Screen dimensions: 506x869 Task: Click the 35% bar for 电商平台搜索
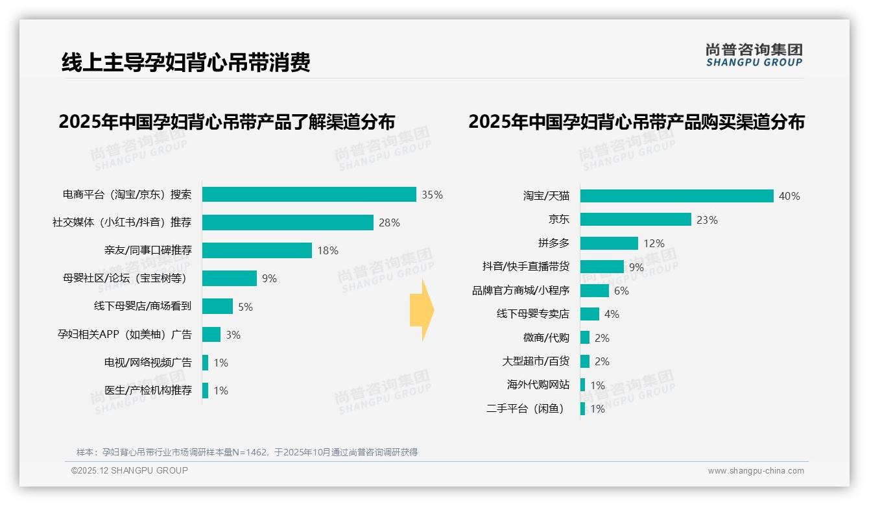point(309,195)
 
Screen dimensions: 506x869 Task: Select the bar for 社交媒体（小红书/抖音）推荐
point(287,223)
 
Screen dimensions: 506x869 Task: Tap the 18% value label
point(327,250)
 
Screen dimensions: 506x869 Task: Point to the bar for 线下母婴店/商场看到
point(217,306)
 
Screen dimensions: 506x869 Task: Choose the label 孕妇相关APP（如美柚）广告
point(125,335)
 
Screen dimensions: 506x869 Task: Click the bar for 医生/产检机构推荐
point(206,391)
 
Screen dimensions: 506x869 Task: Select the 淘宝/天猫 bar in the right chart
point(676,196)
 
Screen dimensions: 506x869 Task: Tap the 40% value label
point(789,196)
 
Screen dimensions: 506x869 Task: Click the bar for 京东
point(636,220)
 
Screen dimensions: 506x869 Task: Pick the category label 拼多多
point(553,243)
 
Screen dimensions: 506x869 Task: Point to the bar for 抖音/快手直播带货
point(602,267)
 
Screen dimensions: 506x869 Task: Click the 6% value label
point(621,291)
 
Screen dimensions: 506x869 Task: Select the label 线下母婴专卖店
point(532,314)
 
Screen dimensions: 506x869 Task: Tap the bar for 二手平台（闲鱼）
point(583,409)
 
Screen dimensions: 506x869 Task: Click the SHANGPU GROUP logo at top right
point(754,55)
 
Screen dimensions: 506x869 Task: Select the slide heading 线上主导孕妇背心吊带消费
point(185,62)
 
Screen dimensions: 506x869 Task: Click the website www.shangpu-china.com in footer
point(756,471)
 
